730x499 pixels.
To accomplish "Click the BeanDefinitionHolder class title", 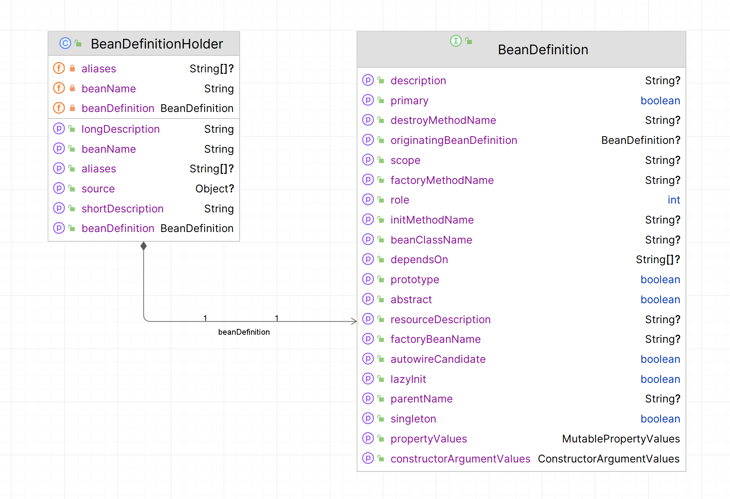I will click(156, 44).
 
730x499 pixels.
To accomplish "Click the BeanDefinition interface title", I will click(543, 50).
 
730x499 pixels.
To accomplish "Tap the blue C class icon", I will click(65, 43).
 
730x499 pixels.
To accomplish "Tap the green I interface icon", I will click(456, 41).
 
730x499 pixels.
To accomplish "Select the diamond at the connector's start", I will click(143, 246).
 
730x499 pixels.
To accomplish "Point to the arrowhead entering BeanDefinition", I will click(354, 321).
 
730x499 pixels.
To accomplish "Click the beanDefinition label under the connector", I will click(244, 332).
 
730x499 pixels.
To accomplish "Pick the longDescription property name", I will click(120, 129).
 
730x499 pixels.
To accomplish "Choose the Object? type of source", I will click(215, 189).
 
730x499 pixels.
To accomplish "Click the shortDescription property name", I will click(122, 209).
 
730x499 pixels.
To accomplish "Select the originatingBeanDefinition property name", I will click(454, 140).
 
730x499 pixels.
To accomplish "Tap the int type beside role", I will click(673, 200).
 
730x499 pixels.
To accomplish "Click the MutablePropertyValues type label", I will click(620, 439).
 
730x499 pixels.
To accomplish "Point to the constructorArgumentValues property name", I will click(460, 459).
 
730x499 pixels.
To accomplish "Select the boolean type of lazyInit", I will click(660, 379).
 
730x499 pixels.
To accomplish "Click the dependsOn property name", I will click(419, 259).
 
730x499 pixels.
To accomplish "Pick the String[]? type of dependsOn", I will click(657, 259).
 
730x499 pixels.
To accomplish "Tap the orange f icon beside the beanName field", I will click(59, 88).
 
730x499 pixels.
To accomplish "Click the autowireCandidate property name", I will click(438, 359).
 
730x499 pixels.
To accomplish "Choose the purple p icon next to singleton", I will click(368, 418).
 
